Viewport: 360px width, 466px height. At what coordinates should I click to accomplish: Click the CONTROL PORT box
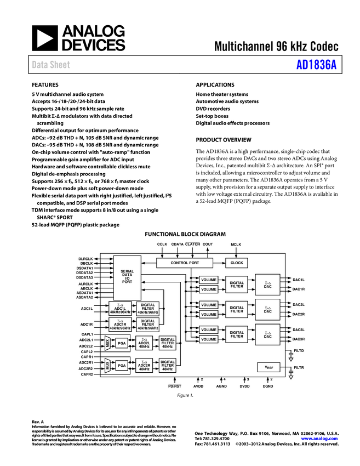(185, 263)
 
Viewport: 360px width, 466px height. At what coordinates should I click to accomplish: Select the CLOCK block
(237, 263)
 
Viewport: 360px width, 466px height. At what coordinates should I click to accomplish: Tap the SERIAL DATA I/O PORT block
(127, 276)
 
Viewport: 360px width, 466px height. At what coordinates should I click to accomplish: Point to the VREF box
(268, 367)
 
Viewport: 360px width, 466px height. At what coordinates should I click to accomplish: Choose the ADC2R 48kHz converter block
(144, 365)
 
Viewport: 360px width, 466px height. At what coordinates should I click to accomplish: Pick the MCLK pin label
(236, 245)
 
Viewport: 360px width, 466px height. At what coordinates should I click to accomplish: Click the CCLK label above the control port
(162, 245)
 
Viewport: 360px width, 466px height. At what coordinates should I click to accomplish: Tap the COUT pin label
(208, 245)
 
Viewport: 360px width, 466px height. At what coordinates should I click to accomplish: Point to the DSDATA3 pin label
(84, 277)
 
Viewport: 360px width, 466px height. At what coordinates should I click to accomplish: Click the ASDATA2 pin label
(84, 297)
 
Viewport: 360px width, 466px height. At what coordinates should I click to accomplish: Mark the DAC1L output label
(299, 280)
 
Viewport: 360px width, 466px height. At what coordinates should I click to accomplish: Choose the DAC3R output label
(299, 339)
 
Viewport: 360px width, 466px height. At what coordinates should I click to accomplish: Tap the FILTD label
(299, 350)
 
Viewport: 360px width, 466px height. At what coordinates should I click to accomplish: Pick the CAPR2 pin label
(87, 374)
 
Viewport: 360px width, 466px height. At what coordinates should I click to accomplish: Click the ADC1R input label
(86, 324)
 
